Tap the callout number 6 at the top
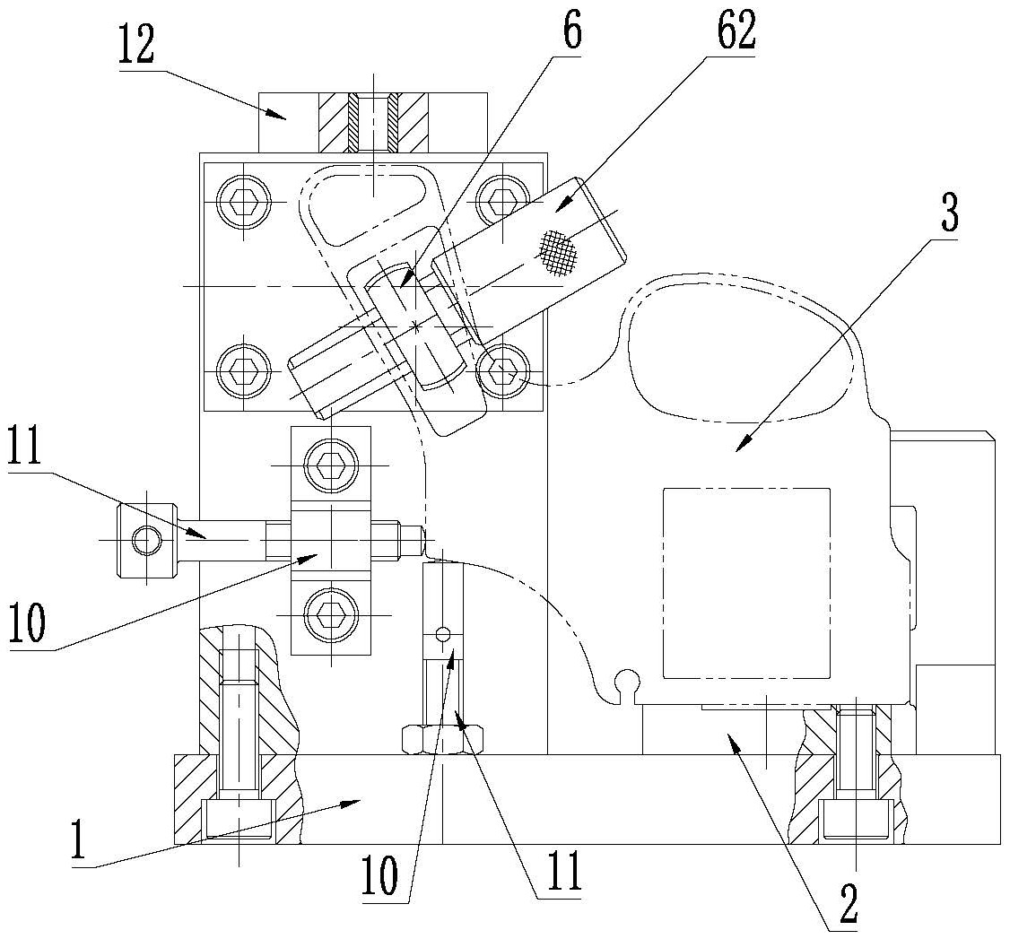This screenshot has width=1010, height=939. click(571, 33)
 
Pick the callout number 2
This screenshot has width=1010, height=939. click(847, 906)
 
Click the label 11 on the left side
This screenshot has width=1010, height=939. click(33, 448)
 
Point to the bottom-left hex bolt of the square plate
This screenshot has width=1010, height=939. click(245, 368)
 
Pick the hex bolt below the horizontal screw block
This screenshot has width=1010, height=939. click(330, 615)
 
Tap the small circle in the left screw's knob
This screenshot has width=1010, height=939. click(147, 540)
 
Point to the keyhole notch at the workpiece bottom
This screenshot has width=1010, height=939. click(628, 683)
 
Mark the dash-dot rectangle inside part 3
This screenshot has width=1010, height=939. click(745, 583)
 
